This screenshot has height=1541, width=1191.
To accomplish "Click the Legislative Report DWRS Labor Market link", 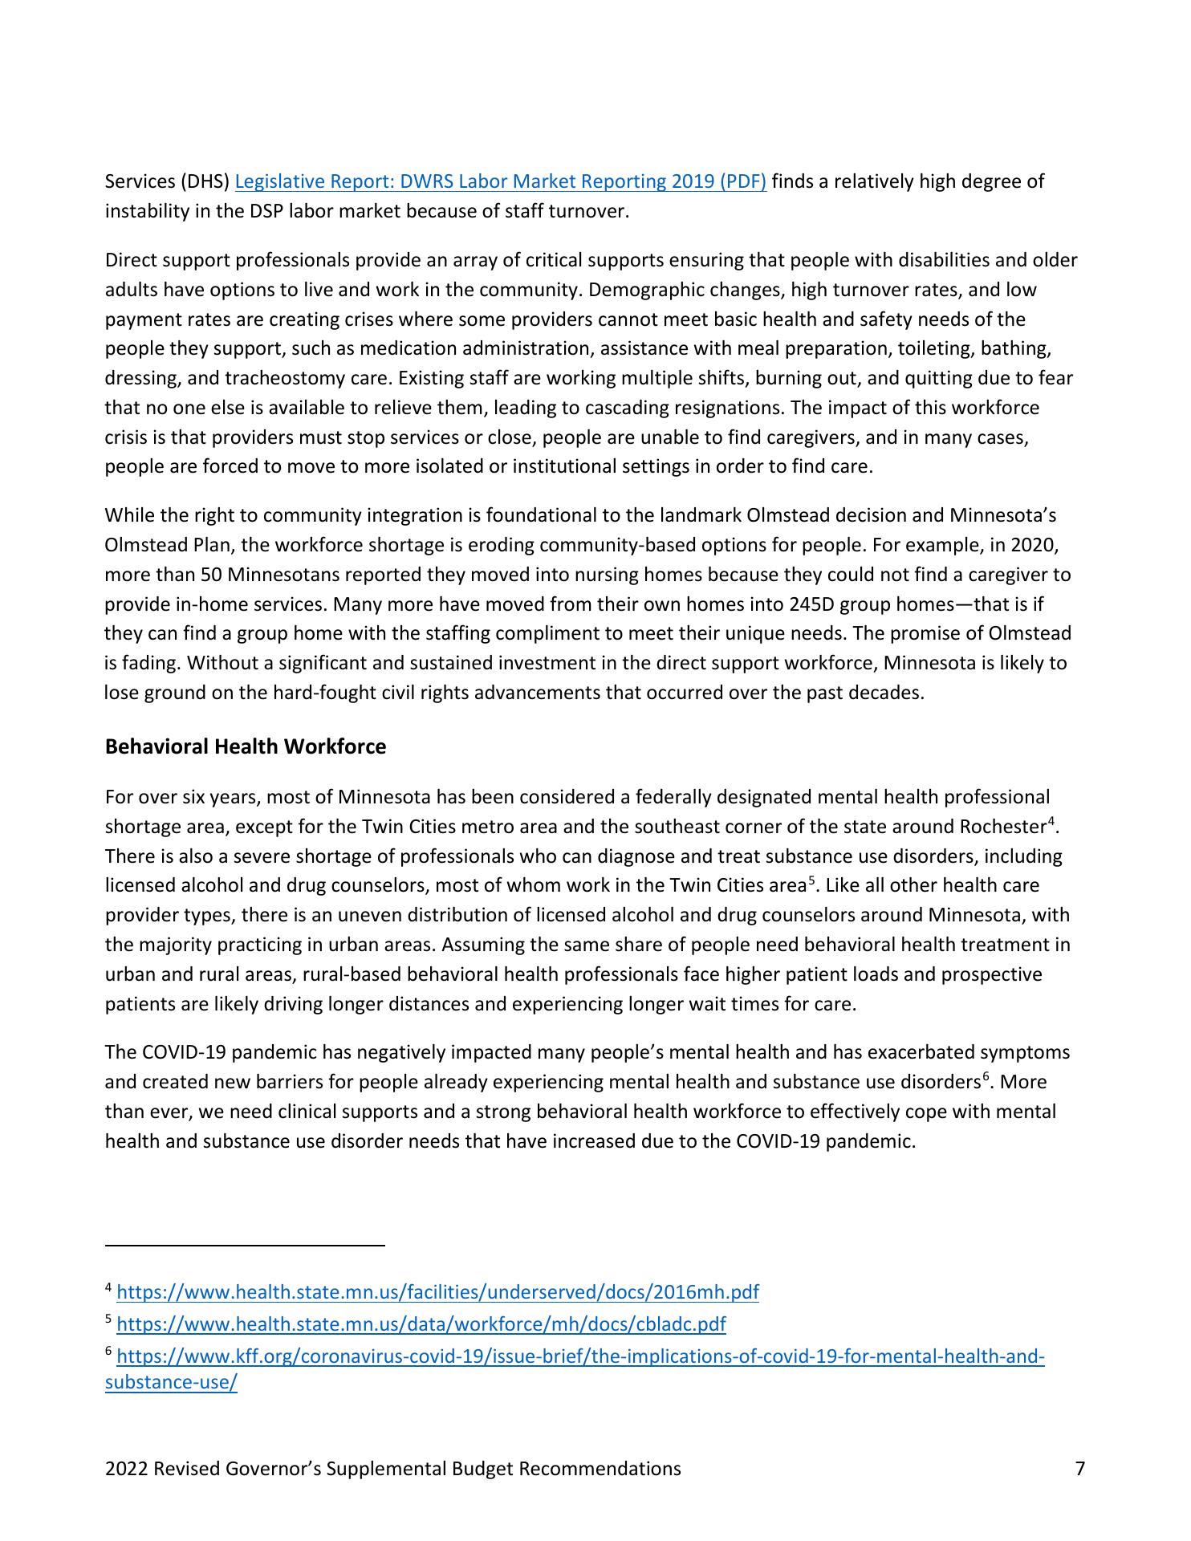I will [x=500, y=181].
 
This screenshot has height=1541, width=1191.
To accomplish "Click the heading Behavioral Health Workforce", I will [x=245, y=747].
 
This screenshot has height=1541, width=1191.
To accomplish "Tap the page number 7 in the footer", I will [x=1079, y=1469].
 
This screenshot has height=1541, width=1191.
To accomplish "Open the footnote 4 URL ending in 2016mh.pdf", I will [x=437, y=1292].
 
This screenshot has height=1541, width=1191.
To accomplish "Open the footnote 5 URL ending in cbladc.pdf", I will [x=421, y=1324].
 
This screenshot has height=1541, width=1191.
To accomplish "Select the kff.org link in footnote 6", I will [x=580, y=1357].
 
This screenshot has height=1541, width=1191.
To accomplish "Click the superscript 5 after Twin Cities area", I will [x=811, y=880].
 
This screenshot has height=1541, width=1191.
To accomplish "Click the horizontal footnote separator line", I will [x=245, y=1245].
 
